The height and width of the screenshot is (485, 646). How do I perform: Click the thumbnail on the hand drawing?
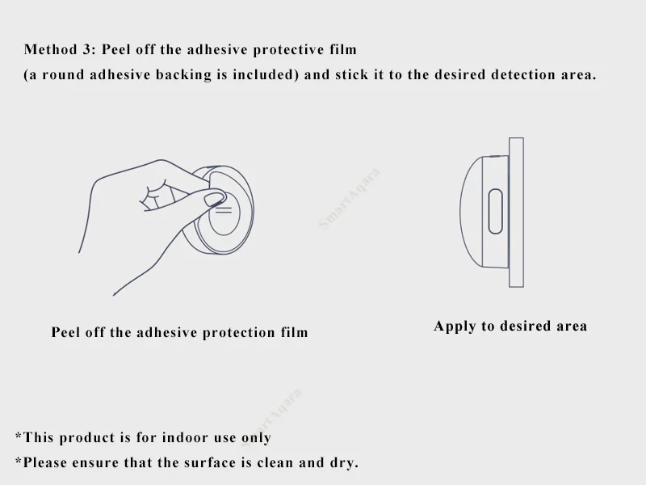214,198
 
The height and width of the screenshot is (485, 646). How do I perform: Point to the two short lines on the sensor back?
224,210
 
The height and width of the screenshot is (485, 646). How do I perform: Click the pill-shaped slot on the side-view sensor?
495,212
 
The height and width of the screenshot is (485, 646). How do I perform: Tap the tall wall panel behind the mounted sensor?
516,213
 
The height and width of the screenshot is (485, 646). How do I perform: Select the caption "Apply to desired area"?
510,326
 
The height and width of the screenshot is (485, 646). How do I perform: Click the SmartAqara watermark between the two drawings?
349,198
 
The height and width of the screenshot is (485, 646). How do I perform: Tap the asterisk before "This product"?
18,435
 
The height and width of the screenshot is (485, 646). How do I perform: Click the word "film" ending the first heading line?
342,49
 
